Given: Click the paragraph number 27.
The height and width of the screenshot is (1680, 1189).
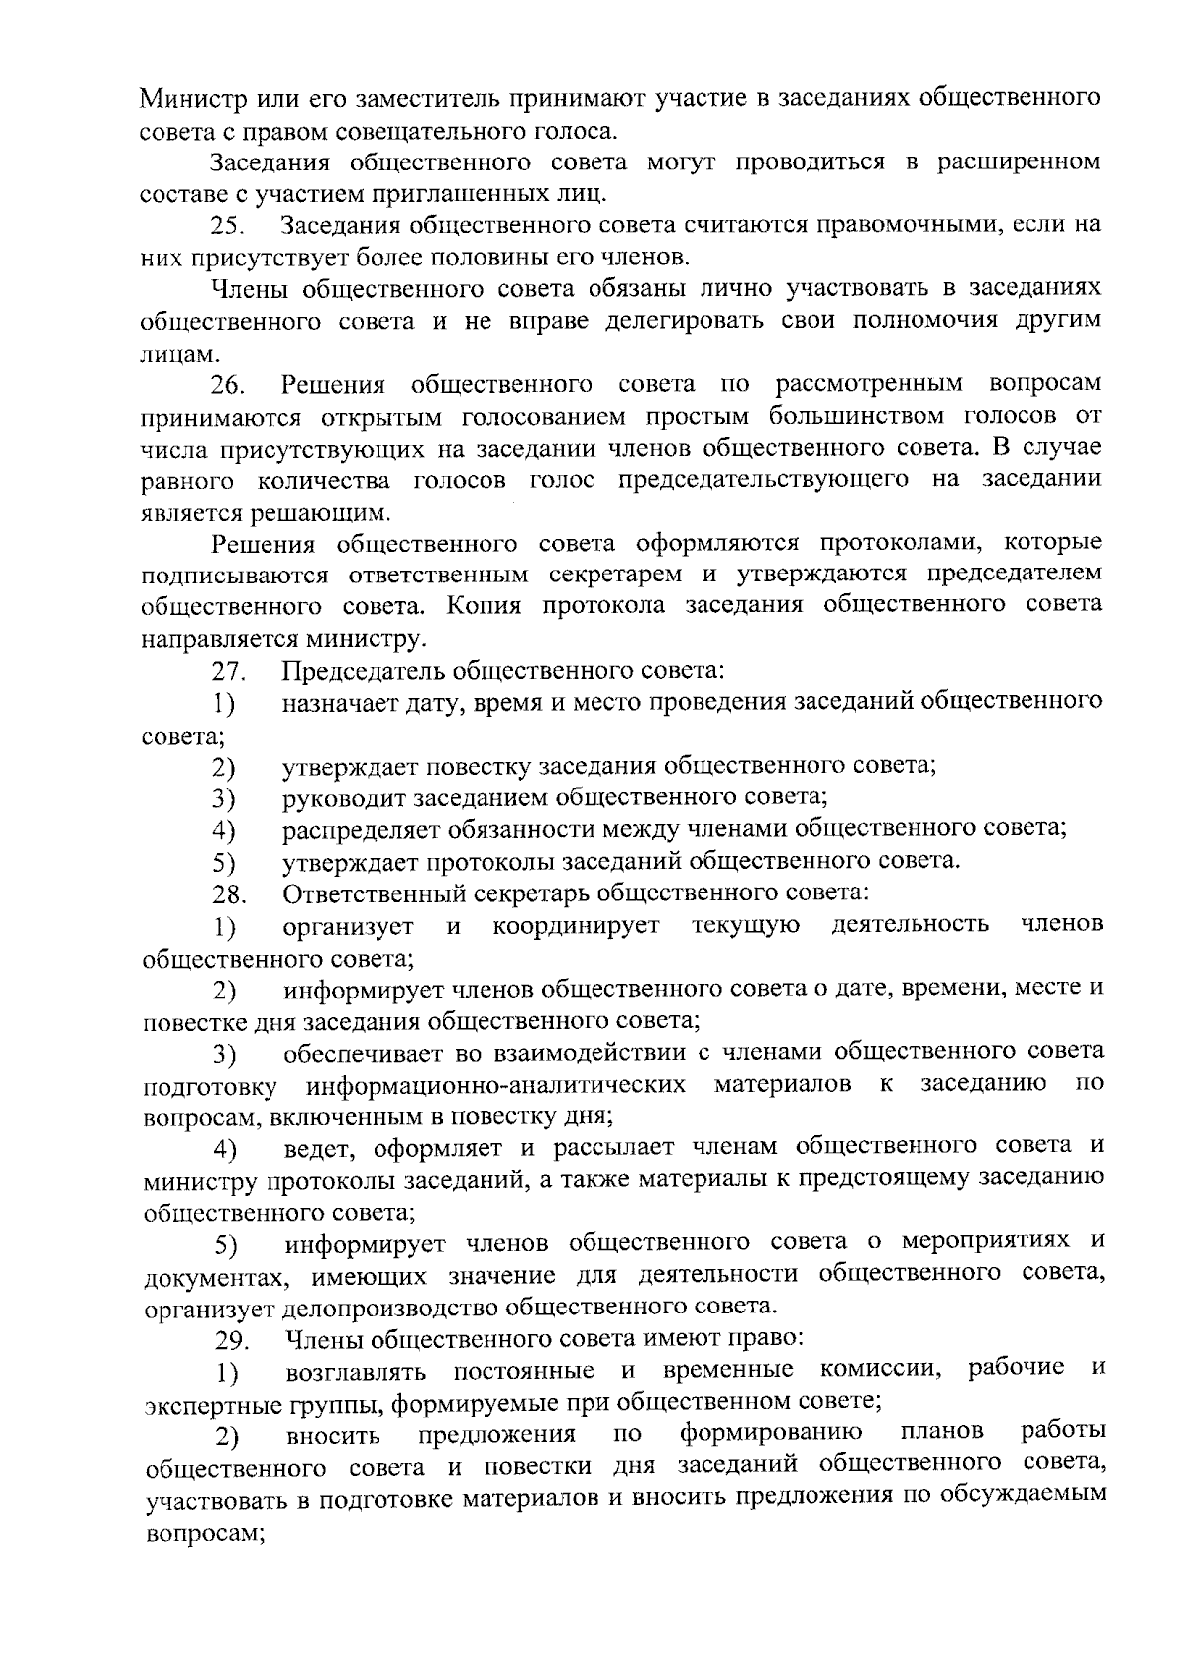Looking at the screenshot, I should pyautogui.click(x=229, y=671).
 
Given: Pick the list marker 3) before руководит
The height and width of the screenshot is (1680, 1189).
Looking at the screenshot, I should pyautogui.click(x=223, y=798).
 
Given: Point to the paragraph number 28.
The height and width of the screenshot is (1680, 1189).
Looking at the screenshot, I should pyautogui.click(x=229, y=894).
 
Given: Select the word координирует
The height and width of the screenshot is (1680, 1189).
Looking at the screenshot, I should pyautogui.click(x=577, y=926).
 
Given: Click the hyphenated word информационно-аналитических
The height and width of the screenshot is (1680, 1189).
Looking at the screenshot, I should pyautogui.click(x=495, y=1085).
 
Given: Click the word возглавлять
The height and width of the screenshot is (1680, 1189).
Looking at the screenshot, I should pyautogui.click(x=357, y=1372).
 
